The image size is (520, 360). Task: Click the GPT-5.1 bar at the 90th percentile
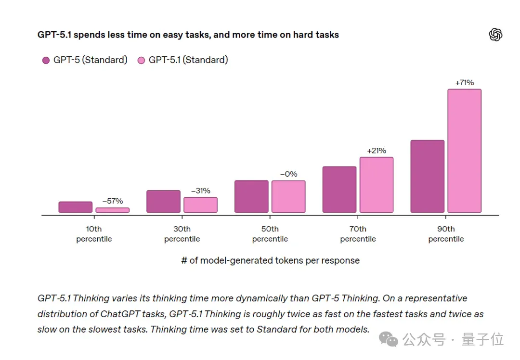tap(464, 151)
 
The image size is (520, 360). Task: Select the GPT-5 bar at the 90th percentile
tap(428, 176)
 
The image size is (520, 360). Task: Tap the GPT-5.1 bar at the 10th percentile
tap(112, 210)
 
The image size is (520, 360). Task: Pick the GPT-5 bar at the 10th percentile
tap(76, 207)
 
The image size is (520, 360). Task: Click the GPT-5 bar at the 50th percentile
tap(251, 196)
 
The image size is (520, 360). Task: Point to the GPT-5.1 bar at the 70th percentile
tap(377, 185)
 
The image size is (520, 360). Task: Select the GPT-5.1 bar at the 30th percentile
tap(201, 205)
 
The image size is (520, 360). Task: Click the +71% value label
tap(464, 83)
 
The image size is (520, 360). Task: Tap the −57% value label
tap(112, 201)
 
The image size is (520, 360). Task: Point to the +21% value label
tap(377, 151)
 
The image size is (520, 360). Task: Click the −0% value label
tap(288, 174)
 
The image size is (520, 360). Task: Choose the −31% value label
tap(201, 191)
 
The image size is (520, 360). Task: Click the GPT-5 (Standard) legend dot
tap(46, 60)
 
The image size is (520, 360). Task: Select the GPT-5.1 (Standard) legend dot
tap(141, 60)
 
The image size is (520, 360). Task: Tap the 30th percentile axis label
tap(182, 234)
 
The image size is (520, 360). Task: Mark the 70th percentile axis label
tap(358, 234)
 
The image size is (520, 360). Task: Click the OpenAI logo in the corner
tap(495, 35)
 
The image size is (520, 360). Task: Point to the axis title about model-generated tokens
tap(270, 260)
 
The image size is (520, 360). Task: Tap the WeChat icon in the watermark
tap(389, 339)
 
